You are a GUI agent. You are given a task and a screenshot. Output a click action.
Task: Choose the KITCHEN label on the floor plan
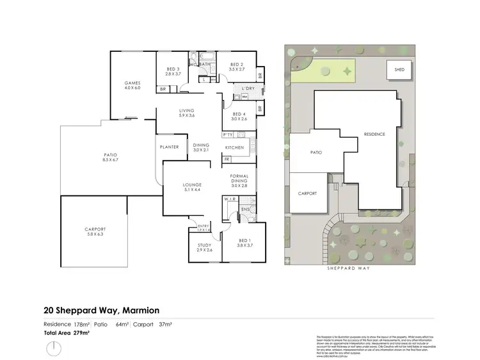tap(235, 148)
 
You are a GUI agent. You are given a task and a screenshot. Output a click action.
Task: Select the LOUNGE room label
tap(193, 187)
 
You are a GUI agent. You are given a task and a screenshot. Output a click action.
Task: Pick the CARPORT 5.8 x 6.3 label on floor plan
tap(95, 231)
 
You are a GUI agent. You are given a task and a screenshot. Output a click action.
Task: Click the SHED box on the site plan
tap(399, 70)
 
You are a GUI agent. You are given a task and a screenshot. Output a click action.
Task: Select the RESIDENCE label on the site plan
tap(374, 134)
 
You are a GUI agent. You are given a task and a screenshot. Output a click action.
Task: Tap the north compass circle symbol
tap(54, 349)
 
